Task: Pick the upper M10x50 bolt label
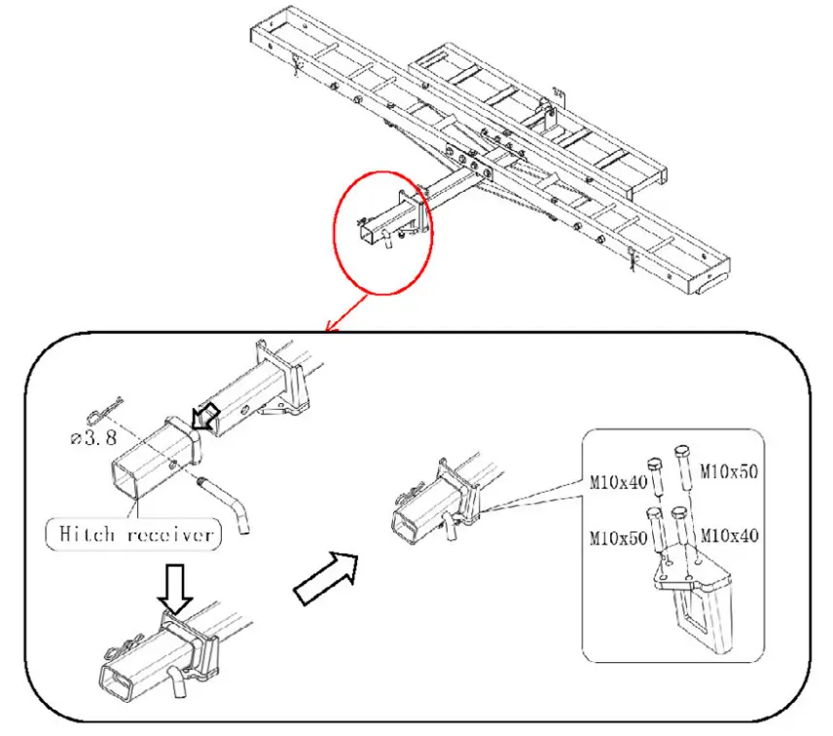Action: tap(729, 472)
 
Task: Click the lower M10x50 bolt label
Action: tap(618, 536)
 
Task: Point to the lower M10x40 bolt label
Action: tap(729, 534)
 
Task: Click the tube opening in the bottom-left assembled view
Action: tap(115, 683)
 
